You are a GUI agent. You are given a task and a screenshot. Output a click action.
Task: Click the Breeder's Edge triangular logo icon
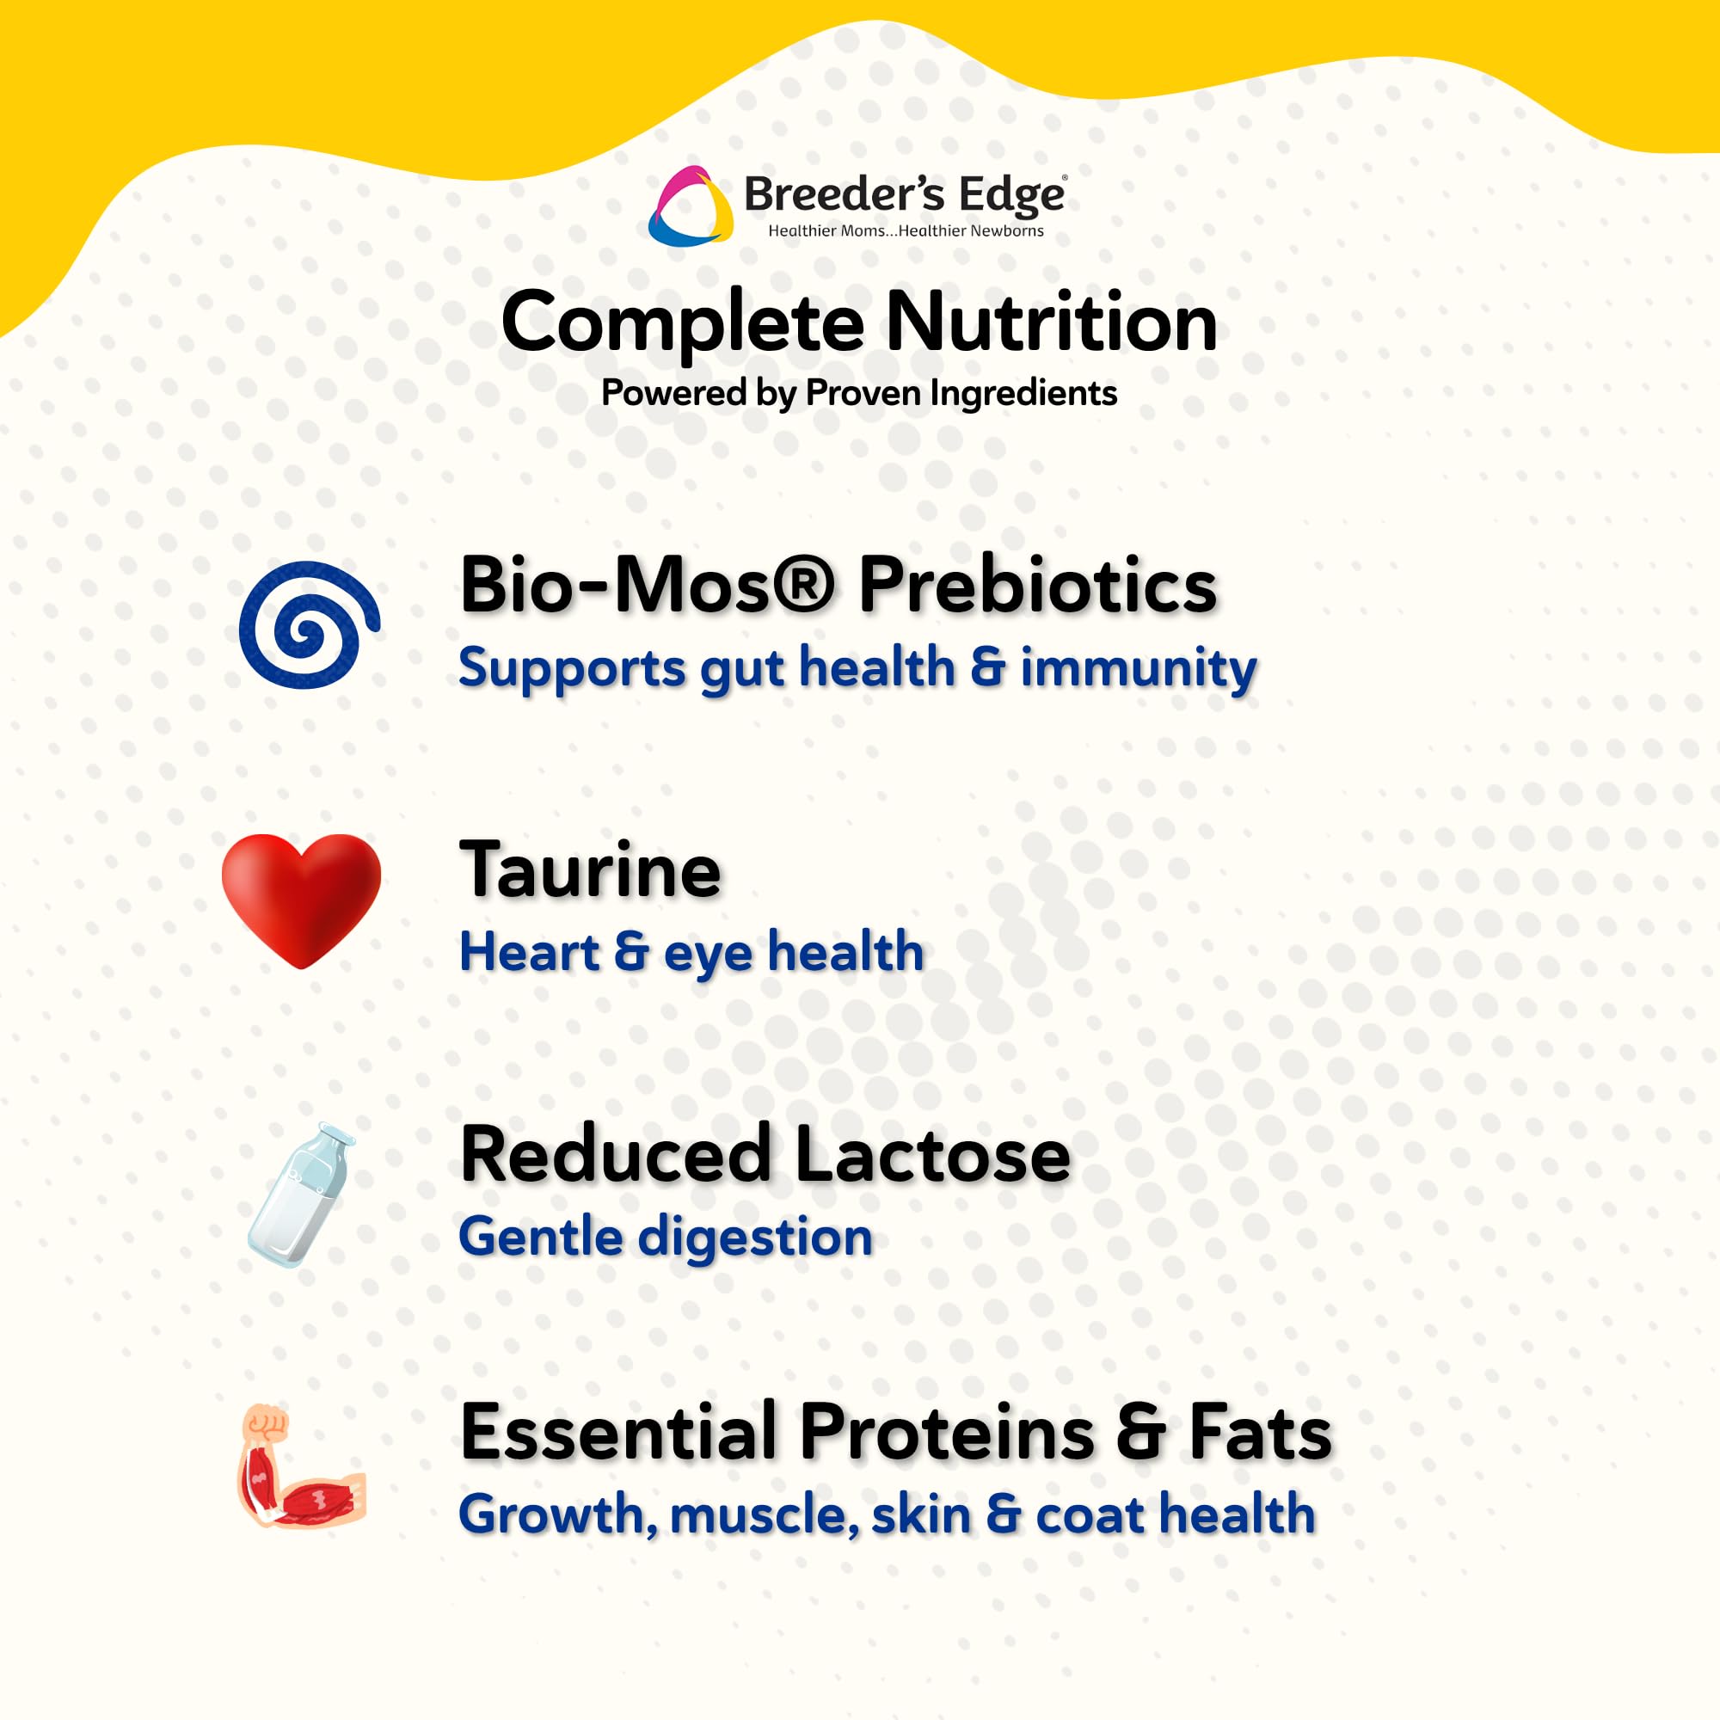tap(690, 206)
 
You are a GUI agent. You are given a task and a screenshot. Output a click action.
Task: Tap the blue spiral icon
tap(309, 625)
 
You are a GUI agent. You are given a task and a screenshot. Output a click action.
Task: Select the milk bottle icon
tap(301, 1195)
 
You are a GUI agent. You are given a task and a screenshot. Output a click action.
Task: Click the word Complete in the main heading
tap(682, 324)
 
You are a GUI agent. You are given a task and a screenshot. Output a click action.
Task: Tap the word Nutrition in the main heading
tap(1051, 322)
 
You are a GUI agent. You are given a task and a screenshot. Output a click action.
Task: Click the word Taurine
tap(589, 870)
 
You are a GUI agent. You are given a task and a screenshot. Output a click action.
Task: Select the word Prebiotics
tap(1037, 586)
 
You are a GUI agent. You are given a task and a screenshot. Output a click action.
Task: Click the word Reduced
tap(615, 1155)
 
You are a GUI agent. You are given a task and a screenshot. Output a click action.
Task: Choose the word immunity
tap(1139, 669)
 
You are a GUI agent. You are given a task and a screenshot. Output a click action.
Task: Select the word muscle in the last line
tap(764, 1515)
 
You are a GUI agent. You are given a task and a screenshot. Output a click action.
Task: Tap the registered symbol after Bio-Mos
tap(803, 586)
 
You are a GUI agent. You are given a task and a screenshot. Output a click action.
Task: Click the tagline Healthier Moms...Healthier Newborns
tap(906, 231)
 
